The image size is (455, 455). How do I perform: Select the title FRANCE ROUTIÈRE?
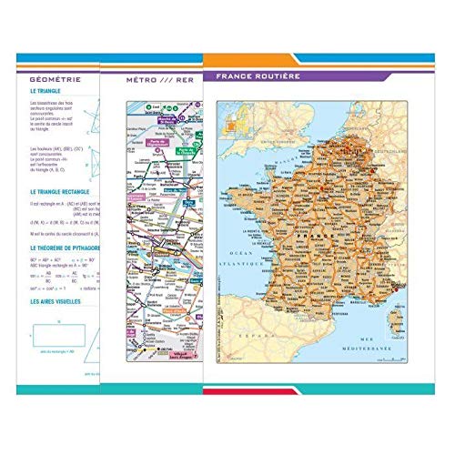(258, 76)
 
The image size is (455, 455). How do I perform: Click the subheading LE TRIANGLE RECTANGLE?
(66, 193)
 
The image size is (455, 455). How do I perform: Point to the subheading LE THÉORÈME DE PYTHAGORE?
(66, 248)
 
